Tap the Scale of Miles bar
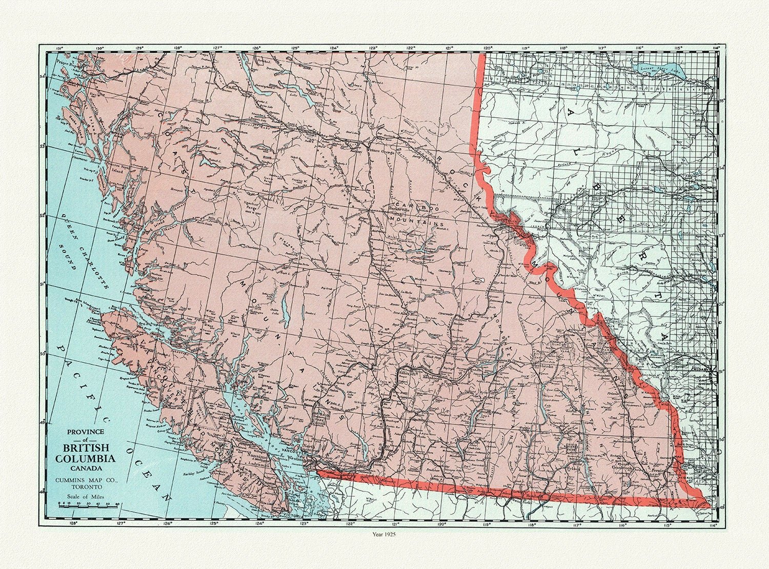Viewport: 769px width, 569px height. click(89, 505)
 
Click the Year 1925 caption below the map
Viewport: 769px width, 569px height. click(385, 535)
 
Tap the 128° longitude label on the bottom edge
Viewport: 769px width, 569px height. click(73, 524)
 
